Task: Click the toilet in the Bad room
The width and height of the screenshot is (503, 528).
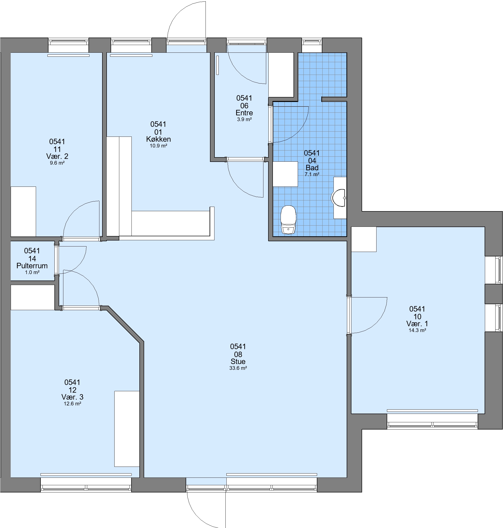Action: [x=288, y=219]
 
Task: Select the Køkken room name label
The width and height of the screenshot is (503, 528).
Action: [x=159, y=139]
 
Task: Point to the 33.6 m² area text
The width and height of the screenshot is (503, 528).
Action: [x=238, y=368]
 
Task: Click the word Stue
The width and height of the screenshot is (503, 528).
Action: [x=238, y=361]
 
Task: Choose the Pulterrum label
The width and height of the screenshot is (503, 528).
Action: [x=32, y=266]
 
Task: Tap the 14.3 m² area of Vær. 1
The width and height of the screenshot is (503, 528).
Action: [x=418, y=330]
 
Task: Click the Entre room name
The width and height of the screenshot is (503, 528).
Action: [x=244, y=113]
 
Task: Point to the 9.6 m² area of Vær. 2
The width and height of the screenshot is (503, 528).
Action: [x=57, y=163]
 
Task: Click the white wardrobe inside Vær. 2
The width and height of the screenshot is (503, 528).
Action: [x=23, y=211]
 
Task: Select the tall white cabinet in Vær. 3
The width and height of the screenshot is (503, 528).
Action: [x=127, y=429]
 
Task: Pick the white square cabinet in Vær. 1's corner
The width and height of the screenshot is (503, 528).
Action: [x=364, y=239]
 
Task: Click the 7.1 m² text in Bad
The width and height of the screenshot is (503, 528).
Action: [x=312, y=174]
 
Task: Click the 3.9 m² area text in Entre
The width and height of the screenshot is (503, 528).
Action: [x=244, y=120]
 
